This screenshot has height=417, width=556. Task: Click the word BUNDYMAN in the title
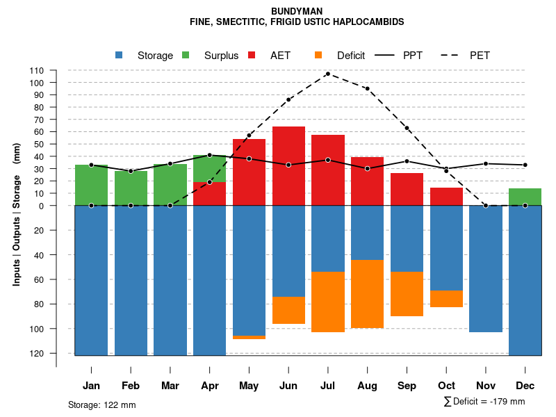(297, 12)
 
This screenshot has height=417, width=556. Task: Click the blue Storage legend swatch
(119, 56)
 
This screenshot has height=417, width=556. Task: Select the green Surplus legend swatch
(186, 56)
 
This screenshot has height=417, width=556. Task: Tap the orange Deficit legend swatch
(318, 56)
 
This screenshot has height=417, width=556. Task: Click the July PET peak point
(327, 74)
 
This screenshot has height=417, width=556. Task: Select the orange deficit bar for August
(368, 293)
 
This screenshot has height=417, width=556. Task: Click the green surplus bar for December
(525, 197)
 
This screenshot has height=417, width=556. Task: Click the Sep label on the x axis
(407, 386)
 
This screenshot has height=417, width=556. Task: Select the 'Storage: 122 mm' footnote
(102, 404)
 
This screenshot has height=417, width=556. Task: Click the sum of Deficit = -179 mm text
(484, 402)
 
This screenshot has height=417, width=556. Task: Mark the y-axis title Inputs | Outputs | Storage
(17, 214)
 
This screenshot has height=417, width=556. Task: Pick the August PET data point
(367, 89)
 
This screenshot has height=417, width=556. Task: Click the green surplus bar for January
(91, 185)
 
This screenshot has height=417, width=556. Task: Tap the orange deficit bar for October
(446, 299)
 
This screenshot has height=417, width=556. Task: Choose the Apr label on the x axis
(210, 386)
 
